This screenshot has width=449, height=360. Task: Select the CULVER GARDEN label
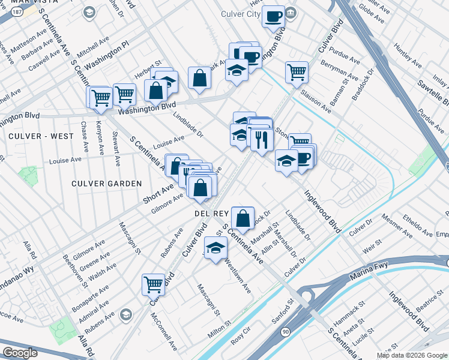coord(106,183)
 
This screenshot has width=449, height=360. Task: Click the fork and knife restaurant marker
coord(262,140)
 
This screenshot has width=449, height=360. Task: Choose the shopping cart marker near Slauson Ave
coord(297,72)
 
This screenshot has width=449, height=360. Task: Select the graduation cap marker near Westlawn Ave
coord(215,248)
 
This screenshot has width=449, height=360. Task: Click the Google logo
coord(20,353)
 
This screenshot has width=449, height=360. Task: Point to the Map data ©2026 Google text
coord(412,355)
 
